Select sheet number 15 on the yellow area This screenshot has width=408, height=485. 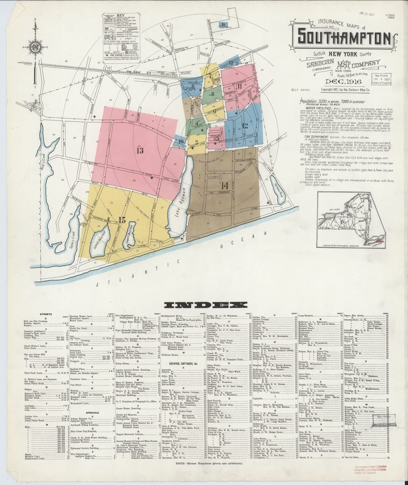(x=122, y=220)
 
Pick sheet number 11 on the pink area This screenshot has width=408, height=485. (x=239, y=86)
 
